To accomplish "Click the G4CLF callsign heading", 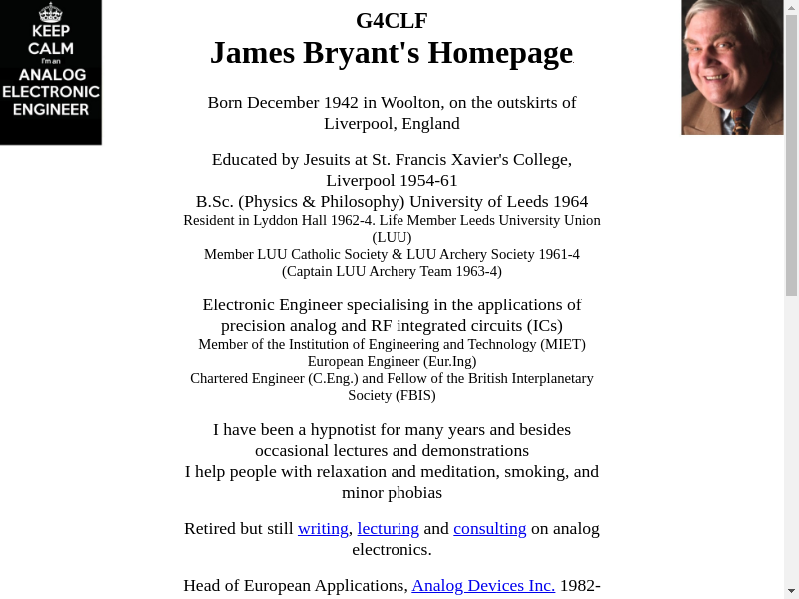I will pos(392,20).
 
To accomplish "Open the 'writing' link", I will pos(323,529).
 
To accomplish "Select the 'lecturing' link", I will pos(388,529).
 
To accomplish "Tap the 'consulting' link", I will pos(489,529).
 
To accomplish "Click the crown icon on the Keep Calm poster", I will pos(50,13).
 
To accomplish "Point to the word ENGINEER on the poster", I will pos(51,109).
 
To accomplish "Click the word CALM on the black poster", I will pos(50,49).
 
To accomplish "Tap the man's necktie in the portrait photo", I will pos(740,122).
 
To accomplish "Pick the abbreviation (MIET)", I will pos(563,344).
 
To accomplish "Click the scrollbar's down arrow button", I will pos(791,590).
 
